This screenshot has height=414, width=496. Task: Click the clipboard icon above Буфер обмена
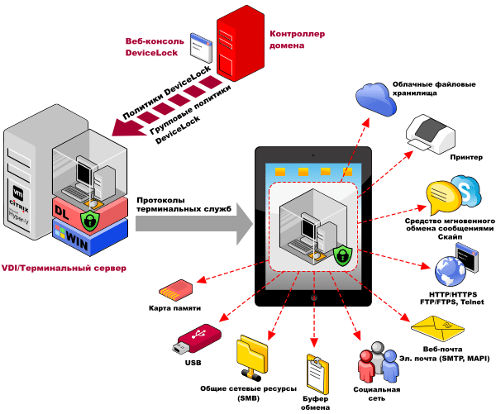click(314, 368)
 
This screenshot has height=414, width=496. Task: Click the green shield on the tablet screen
click(341, 255)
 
